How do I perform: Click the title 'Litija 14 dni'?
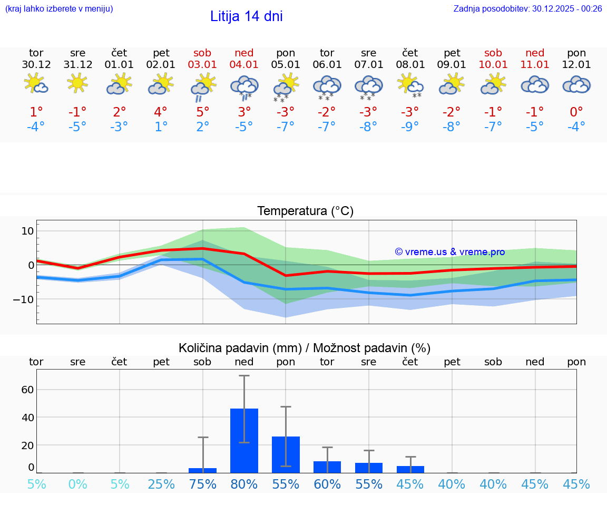246,16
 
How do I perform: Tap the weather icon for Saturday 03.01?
203,86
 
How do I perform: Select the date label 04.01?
244,65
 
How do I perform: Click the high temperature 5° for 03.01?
203,112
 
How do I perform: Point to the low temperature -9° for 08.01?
410,127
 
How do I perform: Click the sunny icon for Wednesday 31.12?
77,83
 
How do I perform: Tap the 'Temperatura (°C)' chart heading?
305,211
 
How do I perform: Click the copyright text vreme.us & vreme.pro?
449,252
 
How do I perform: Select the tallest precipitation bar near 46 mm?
244,440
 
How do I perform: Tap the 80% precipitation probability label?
244,484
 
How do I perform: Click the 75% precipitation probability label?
203,484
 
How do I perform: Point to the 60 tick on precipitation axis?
27,390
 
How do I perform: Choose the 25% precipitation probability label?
161,484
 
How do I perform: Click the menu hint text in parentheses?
59,9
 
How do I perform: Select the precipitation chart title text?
305,348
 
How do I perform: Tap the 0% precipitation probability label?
77,484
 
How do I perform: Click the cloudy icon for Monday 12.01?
576,84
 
